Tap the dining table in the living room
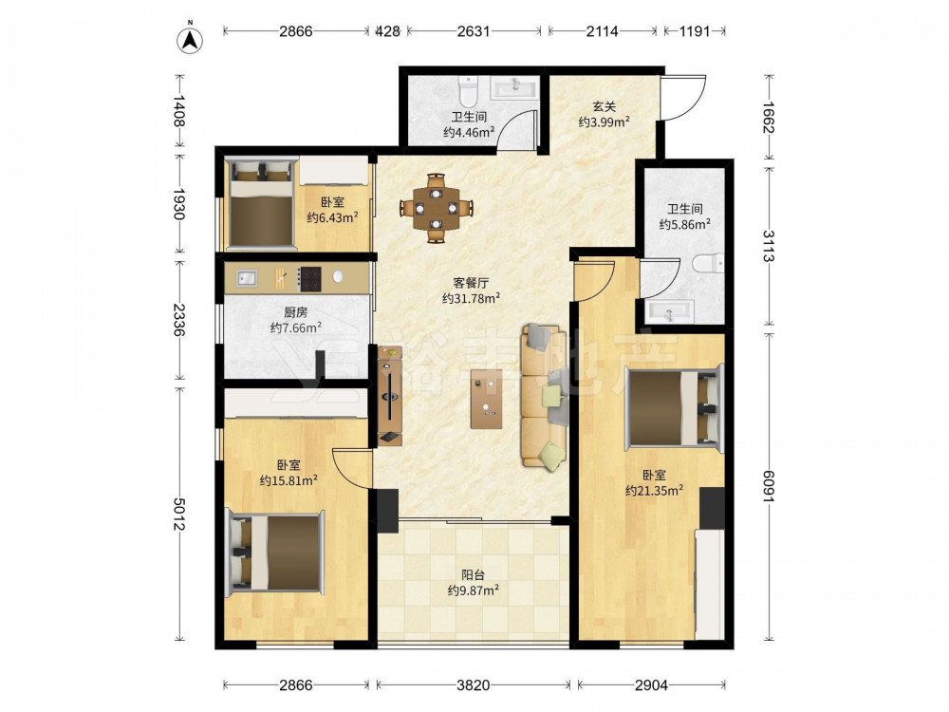click(436, 208)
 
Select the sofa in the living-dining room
click(544, 396)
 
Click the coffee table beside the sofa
click(487, 399)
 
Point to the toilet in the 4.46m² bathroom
click(469, 89)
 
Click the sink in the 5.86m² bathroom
click(669, 311)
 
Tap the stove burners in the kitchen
click(309, 278)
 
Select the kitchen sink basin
click(246, 278)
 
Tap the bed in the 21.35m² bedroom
click(674, 407)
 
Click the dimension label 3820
click(473, 684)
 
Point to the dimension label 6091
click(769, 486)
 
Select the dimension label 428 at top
click(388, 31)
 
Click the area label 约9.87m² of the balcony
click(473, 590)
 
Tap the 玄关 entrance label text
click(604, 106)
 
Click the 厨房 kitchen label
click(295, 312)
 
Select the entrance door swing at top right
click(684, 98)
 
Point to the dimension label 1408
click(179, 110)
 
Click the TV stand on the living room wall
click(390, 395)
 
